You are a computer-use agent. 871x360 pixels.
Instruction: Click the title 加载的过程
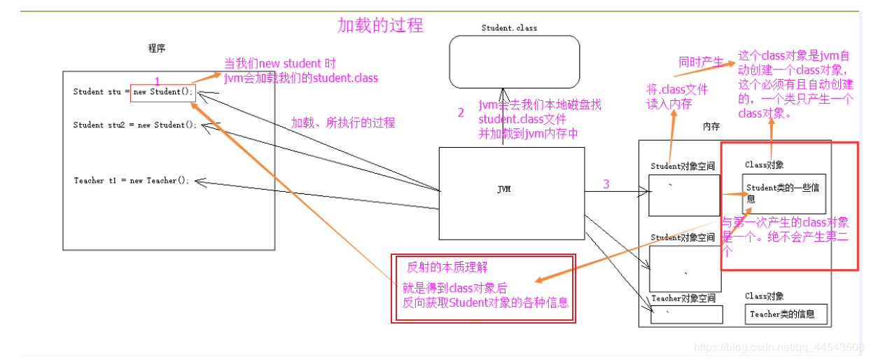tap(380, 26)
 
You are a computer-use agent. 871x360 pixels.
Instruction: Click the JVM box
tap(511, 193)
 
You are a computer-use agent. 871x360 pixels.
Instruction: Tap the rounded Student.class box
tap(514, 62)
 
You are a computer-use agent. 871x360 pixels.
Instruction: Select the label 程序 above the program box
tap(157, 48)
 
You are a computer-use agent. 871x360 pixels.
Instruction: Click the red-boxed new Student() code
tap(163, 92)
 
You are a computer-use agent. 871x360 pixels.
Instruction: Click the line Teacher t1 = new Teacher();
tap(132, 181)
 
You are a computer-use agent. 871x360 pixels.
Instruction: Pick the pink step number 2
tap(461, 112)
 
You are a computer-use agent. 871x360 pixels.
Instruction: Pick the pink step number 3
tap(606, 184)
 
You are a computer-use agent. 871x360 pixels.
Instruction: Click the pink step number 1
tap(158, 81)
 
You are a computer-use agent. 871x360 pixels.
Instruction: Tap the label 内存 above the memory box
tap(712, 127)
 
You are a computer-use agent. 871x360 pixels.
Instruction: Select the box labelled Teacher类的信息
tap(786, 314)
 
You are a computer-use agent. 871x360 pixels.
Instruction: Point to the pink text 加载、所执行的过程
tap(343, 123)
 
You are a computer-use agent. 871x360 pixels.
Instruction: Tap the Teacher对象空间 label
tap(683, 298)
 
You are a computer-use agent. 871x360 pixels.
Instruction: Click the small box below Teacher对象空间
tap(686, 314)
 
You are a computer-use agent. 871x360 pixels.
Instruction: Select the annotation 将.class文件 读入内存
tap(677, 97)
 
